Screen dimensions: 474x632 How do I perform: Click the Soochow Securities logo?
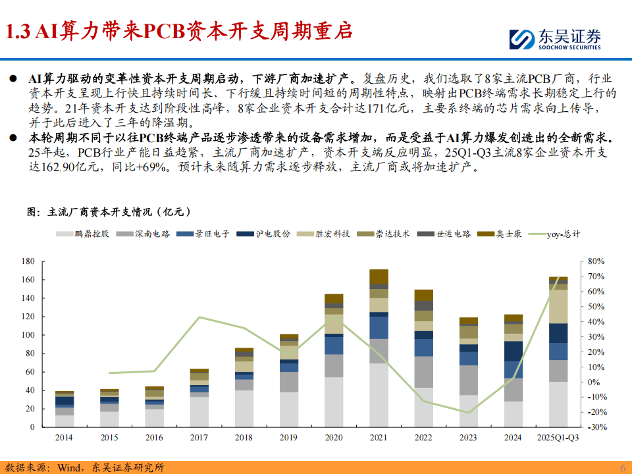click(x=554, y=39)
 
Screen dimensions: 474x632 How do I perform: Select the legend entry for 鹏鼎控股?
click(x=83, y=234)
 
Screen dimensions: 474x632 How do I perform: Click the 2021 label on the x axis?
click(x=379, y=438)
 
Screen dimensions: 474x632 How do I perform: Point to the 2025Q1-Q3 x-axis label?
click(x=558, y=438)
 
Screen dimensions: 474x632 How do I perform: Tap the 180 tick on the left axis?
click(x=28, y=261)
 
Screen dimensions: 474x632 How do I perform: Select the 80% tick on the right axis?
click(x=595, y=261)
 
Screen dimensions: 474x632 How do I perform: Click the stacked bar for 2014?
click(x=65, y=409)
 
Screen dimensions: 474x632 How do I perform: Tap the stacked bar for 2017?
click(x=199, y=398)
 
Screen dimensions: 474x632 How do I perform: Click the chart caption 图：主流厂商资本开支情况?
click(x=108, y=212)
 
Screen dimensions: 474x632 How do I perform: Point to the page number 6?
click(x=622, y=467)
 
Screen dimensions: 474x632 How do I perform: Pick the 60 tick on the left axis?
click(x=30, y=372)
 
